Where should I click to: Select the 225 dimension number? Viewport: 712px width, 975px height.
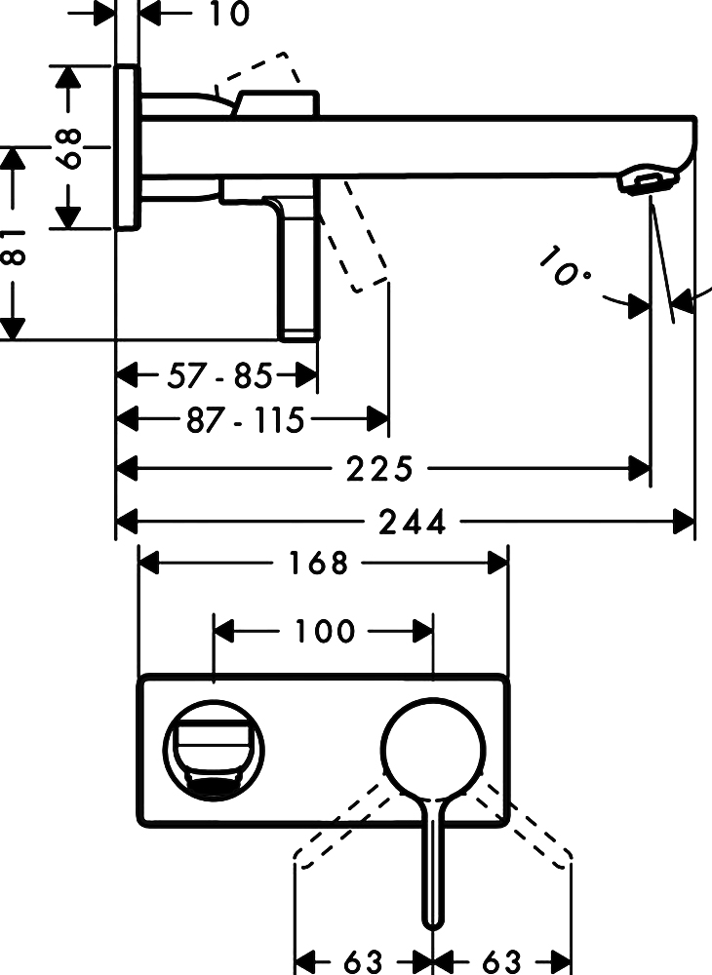pos(380,470)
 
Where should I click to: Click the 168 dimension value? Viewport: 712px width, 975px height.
pos(319,563)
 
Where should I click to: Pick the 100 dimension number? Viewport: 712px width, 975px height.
pos(325,632)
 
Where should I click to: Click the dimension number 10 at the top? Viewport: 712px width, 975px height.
pos(228,15)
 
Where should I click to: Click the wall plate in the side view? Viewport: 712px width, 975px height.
pos(127,147)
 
